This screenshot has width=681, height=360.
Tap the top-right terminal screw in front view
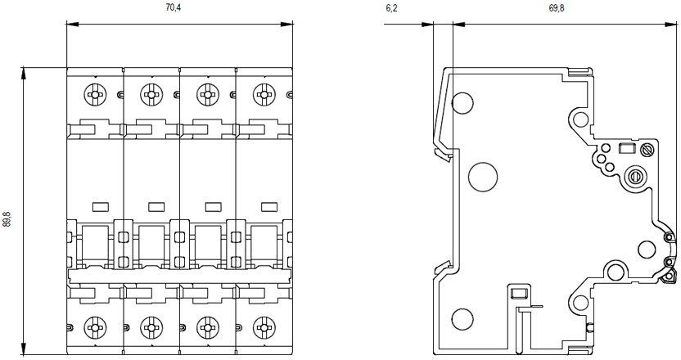pyautogui.click(x=264, y=93)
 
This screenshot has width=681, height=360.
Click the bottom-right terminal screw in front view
pyautogui.click(x=264, y=329)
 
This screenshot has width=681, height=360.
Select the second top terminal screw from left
pyautogui.click(x=150, y=93)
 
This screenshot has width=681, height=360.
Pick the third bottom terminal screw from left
pyautogui.click(x=207, y=329)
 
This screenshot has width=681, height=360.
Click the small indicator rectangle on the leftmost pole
pyautogui.click(x=101, y=205)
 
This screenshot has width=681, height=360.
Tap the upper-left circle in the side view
pyautogui.click(x=462, y=103)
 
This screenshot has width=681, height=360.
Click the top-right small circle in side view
pyautogui.click(x=580, y=120)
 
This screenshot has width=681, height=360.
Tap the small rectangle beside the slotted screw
pyautogui.click(x=629, y=149)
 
